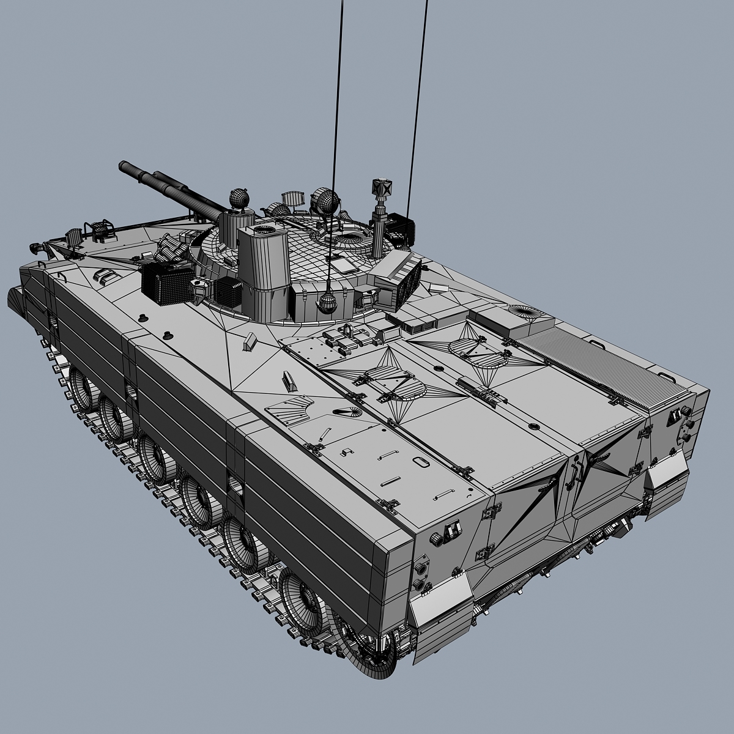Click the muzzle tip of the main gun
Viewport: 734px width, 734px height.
tap(122, 165)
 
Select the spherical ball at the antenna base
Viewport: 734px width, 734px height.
tap(329, 303)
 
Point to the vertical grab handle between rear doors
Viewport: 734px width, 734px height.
tap(574, 473)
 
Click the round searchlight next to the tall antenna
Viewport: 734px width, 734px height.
tap(323, 201)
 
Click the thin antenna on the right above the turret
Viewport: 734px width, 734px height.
tap(419, 92)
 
